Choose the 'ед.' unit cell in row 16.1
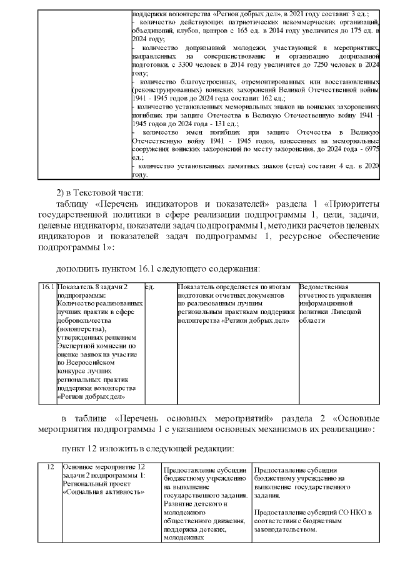click(150, 287)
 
